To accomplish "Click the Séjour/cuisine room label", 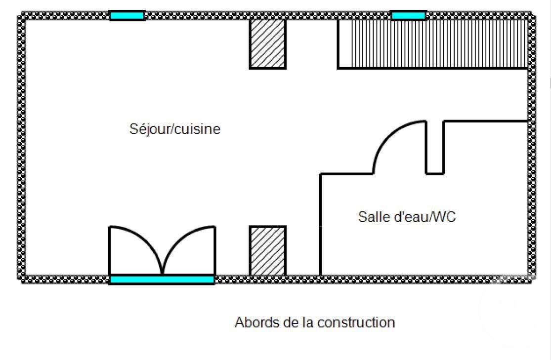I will pyautogui.click(x=174, y=129).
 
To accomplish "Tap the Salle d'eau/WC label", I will pyautogui.click(x=406, y=216).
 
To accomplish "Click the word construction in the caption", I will pyautogui.click(x=356, y=322).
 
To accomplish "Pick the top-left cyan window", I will pyautogui.click(x=127, y=16).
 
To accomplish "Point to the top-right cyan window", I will pyautogui.click(x=408, y=16).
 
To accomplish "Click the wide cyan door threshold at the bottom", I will pyautogui.click(x=162, y=280).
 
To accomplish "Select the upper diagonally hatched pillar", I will pyautogui.click(x=268, y=43).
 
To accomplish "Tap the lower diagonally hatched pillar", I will pyautogui.click(x=268, y=250).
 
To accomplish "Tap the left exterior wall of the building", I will pyautogui.click(x=22, y=148).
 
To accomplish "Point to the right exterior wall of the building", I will pyautogui.click(x=531, y=148).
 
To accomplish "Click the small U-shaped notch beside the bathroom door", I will pyautogui.click(x=435, y=148).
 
